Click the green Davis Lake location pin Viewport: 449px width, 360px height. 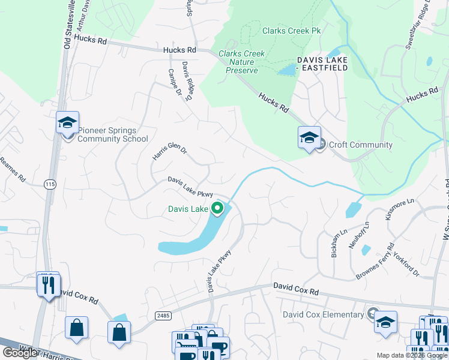(217, 209)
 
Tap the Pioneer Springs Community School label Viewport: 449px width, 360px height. (113, 135)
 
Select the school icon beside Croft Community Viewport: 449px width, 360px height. (309, 138)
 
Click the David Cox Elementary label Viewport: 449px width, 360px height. (324, 314)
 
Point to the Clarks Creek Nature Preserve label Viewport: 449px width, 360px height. (242, 62)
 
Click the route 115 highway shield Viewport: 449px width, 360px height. (49, 185)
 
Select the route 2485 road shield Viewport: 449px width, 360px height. (162, 315)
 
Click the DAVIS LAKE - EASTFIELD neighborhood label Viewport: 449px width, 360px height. (322, 64)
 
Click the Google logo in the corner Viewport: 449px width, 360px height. (20, 353)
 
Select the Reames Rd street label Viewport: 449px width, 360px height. (13, 170)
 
